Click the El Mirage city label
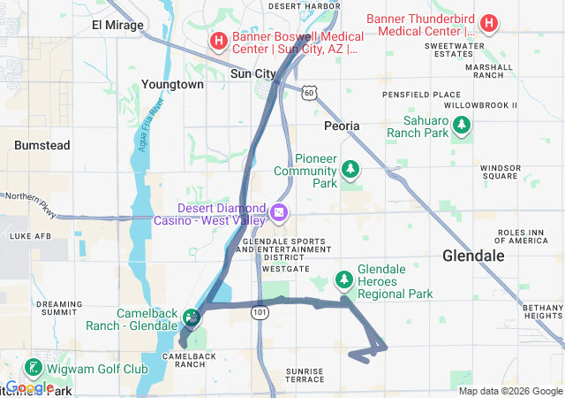click(x=117, y=25)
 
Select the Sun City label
click(x=253, y=74)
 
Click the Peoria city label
click(x=342, y=126)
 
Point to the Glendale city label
click(x=473, y=256)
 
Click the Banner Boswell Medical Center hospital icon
click(x=218, y=41)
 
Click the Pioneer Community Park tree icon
click(x=351, y=168)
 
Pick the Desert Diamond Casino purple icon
click(x=279, y=212)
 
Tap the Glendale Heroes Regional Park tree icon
click(x=343, y=280)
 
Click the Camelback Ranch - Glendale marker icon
click(x=191, y=316)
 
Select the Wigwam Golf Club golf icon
click(x=33, y=368)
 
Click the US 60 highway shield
click(x=307, y=91)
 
